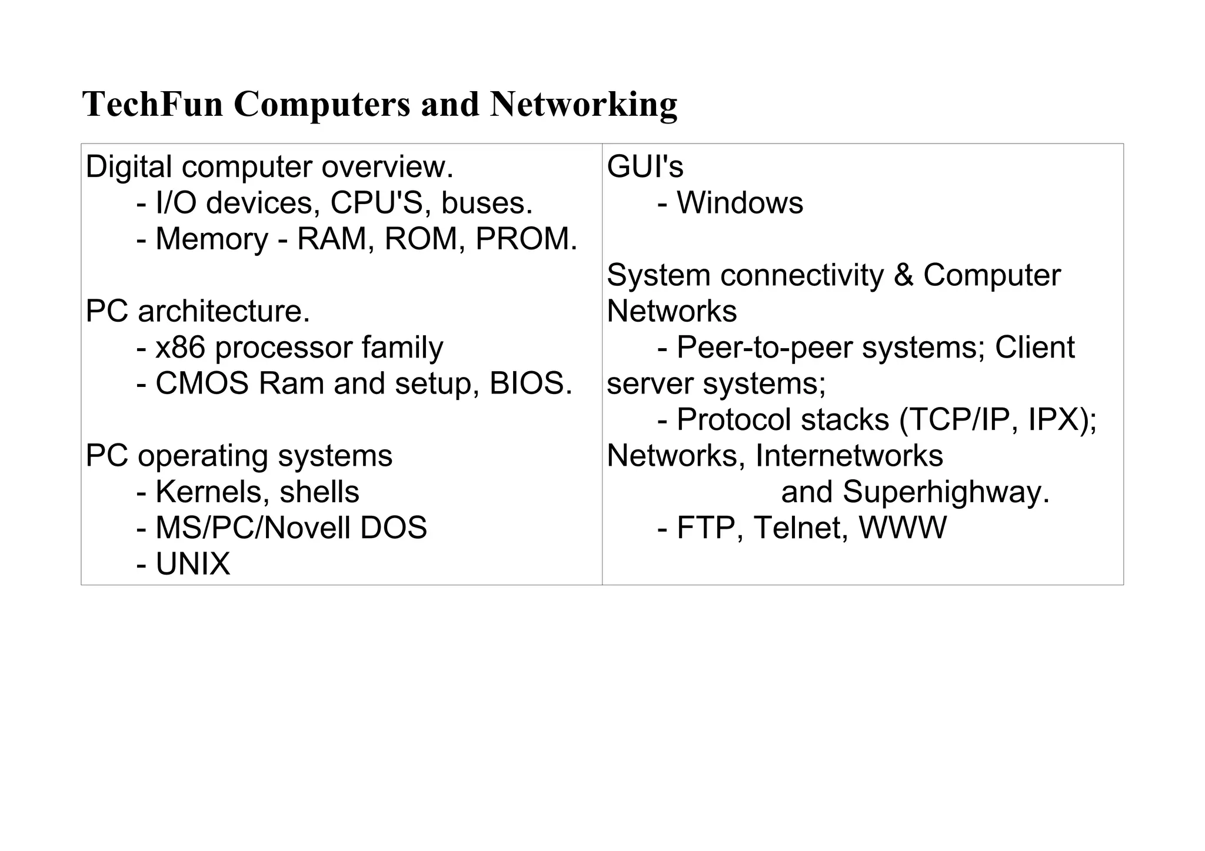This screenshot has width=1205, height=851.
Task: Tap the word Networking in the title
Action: [x=583, y=104]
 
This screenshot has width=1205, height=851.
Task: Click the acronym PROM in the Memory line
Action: [x=522, y=239]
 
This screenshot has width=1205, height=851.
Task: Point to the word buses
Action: [x=486, y=203]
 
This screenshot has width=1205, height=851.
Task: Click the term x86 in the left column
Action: [x=180, y=347]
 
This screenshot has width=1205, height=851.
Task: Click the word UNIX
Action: [x=193, y=564]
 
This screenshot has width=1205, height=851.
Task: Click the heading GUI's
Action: [x=645, y=166]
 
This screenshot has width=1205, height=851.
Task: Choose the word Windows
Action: [x=740, y=203]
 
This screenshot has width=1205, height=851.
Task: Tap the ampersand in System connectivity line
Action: [x=903, y=275]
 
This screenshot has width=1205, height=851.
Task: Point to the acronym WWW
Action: [x=903, y=528]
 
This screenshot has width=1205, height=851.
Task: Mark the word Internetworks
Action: [x=849, y=456]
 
